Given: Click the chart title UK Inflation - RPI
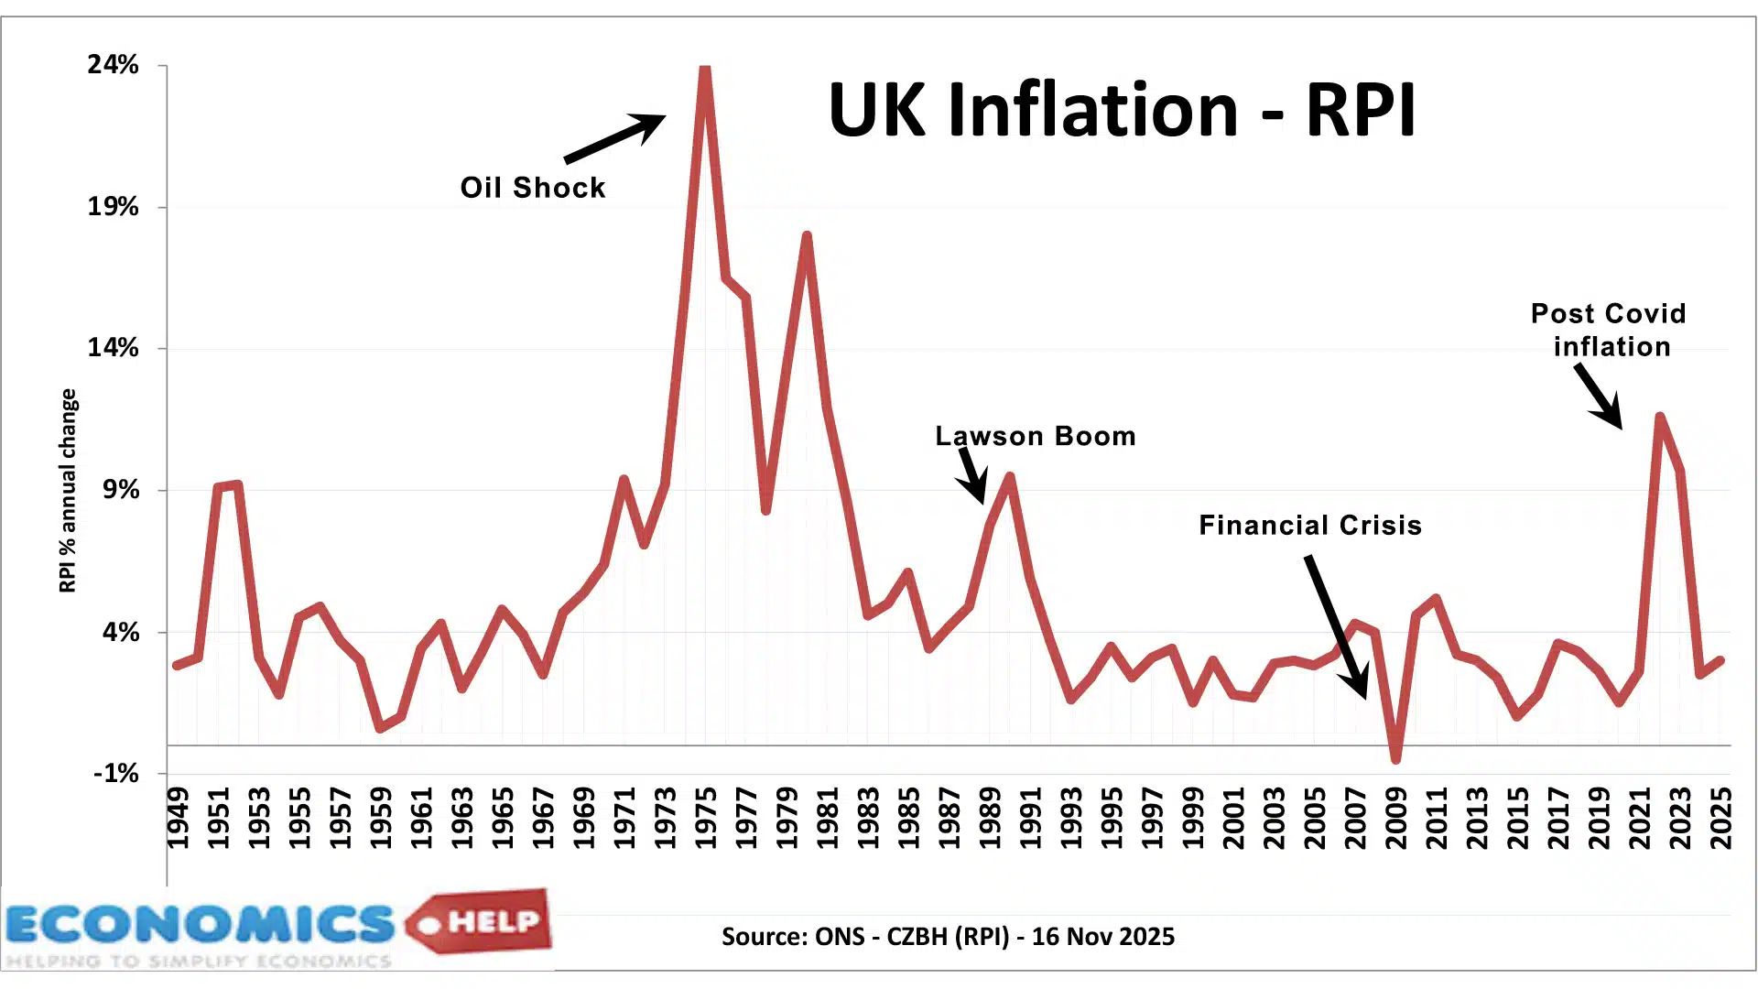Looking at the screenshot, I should coord(1122,110).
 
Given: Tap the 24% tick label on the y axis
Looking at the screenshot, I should coord(113,65).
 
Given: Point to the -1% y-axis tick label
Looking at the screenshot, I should coord(115,774).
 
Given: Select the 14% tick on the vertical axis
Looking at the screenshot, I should coord(113,348).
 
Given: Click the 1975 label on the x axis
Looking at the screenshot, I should coord(706,819).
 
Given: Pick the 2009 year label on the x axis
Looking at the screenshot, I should coord(1395,819).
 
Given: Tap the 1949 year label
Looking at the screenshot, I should coord(178,819).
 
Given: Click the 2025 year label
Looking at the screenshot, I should coord(1721,819).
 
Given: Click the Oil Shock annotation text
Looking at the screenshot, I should coord(532,188).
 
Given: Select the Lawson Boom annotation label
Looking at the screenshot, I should coord(1035,436).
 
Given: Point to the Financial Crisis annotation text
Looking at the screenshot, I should coord(1309,526).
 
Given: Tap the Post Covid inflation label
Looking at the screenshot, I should coord(1609,330).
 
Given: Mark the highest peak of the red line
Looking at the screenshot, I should coord(704,70).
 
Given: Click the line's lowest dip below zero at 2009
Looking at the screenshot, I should coord(1395,758).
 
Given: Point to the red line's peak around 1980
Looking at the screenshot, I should coord(807,236).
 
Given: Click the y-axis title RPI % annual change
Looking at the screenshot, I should coord(68,490).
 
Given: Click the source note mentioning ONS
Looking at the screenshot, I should coord(948,937).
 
